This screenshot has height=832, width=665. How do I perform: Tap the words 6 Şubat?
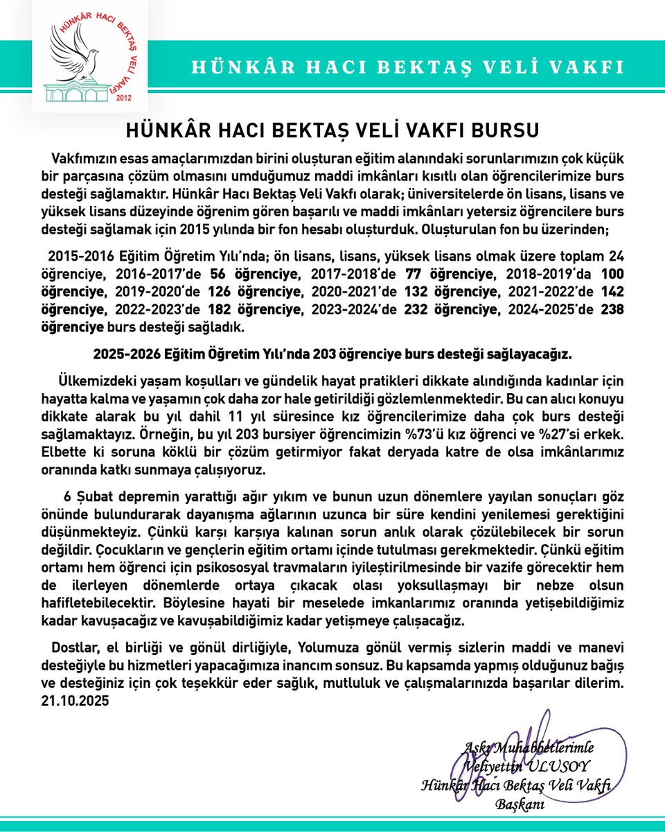(x=85, y=499)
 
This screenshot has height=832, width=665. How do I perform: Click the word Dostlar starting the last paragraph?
(x=76, y=648)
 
